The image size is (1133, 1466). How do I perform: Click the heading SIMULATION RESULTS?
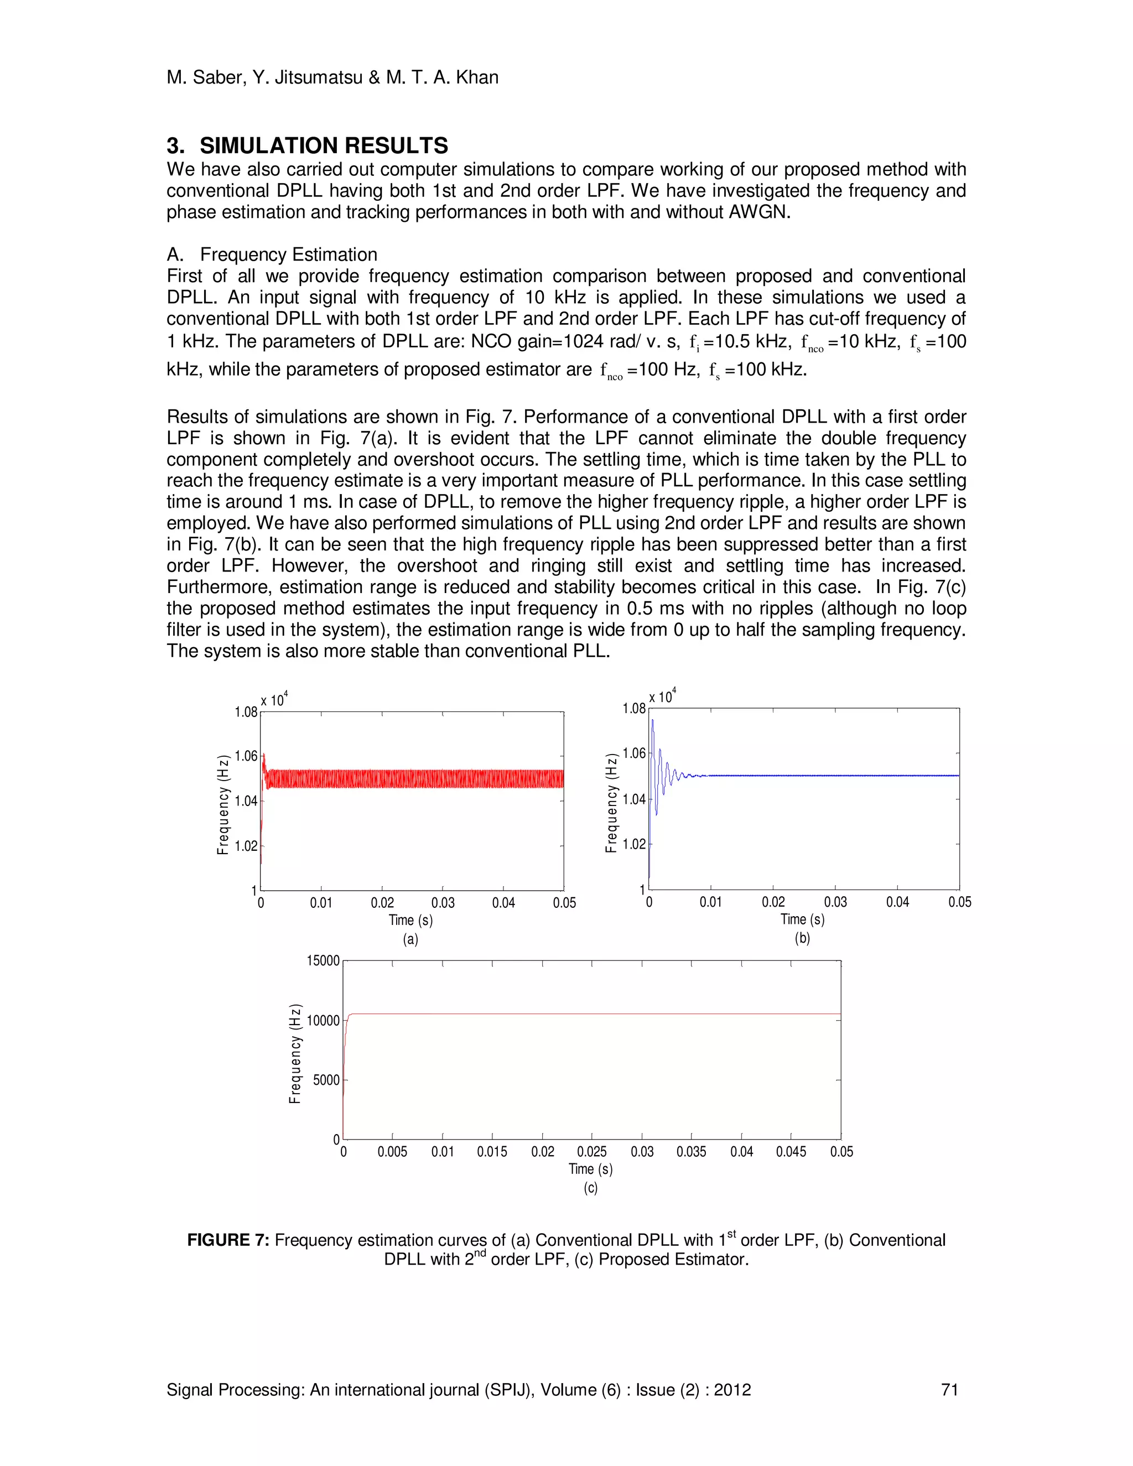click(x=324, y=145)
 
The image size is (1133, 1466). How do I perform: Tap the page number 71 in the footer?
click(x=950, y=1390)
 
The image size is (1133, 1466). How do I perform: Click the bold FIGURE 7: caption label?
click(x=228, y=1240)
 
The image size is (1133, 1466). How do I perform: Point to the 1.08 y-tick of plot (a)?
click(x=246, y=712)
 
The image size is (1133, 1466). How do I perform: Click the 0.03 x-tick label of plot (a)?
click(x=443, y=903)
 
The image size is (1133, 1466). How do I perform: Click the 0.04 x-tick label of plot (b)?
click(x=897, y=902)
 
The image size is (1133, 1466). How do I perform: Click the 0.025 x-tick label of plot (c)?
click(x=591, y=1152)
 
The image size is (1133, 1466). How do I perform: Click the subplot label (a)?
click(x=410, y=939)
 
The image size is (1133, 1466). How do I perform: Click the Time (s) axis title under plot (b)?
click(x=802, y=919)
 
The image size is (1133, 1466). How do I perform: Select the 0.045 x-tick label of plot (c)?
click(x=791, y=1152)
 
